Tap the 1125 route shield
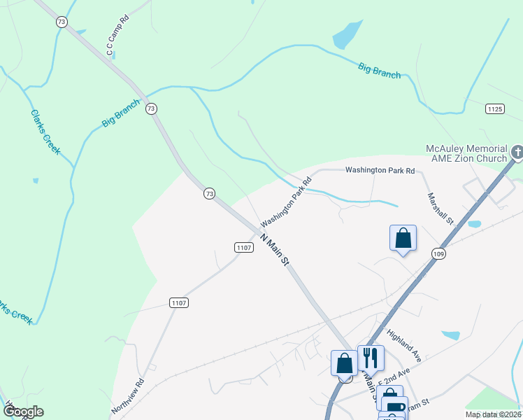(495, 108)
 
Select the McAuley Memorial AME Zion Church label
(466, 154)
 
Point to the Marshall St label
(441, 209)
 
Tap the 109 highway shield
(438, 253)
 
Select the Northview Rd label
(127, 395)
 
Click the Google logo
(22, 412)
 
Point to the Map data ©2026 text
(492, 414)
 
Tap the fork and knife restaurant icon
(371, 357)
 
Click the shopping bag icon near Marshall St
(403, 238)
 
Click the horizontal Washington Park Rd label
(380, 170)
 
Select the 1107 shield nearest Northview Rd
(178, 302)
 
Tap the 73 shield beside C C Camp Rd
(62, 22)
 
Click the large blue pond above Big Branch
(348, 34)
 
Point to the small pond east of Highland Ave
(451, 335)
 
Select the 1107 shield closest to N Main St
(243, 247)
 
